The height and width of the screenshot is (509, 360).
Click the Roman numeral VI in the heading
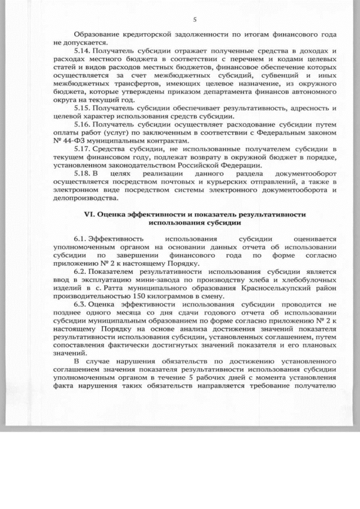[x=88, y=215]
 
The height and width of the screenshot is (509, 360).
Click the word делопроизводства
[x=85, y=199]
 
